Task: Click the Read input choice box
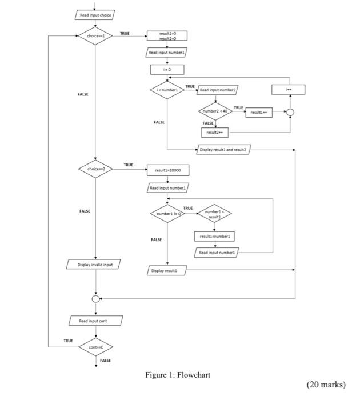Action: tap(95, 15)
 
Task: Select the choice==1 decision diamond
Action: tap(95, 35)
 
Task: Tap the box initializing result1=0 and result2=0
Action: tap(167, 35)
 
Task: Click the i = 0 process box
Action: tap(167, 70)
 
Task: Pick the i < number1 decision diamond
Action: tap(167, 90)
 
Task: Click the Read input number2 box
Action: tap(218, 90)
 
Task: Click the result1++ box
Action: tap(259, 113)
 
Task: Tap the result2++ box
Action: tap(214, 132)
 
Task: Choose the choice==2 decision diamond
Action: tap(95, 170)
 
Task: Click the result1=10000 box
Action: tap(167, 170)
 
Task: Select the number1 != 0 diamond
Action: tap(167, 214)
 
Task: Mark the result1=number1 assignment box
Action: tap(214, 236)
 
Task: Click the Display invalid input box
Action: tap(95, 265)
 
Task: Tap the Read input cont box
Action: tap(95, 321)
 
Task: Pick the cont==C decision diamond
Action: tap(95, 347)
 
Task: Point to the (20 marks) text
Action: tap(326, 384)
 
